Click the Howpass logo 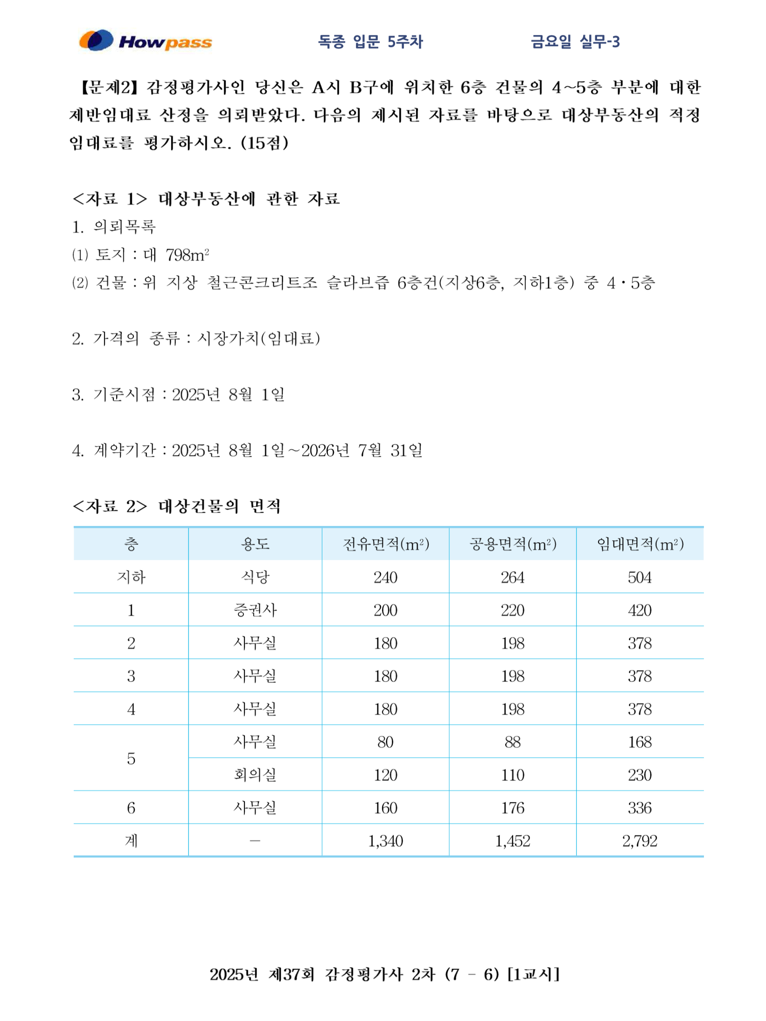point(145,41)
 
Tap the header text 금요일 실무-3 point(575,42)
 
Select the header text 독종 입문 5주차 point(370,42)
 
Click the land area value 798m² point(187,255)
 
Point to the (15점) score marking point(265,143)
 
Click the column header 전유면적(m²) point(385,544)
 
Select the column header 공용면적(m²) point(512,544)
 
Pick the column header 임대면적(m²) point(640,544)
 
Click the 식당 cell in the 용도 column point(255,577)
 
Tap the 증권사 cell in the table point(255,610)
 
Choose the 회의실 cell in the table point(255,775)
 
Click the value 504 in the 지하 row point(640,577)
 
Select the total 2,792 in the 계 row point(640,841)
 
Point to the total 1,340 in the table point(385,841)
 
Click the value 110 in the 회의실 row point(512,775)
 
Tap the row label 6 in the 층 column point(131,808)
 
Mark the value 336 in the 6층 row point(640,808)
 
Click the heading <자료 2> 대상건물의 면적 point(177,506)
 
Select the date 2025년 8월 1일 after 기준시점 point(228,395)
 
